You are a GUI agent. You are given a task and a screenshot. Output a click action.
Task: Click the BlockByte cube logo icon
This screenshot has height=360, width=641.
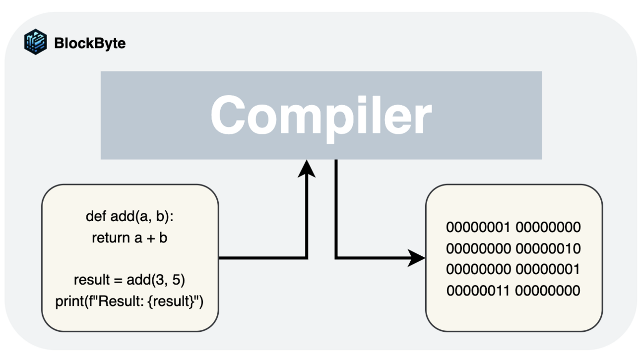pyautogui.click(x=35, y=42)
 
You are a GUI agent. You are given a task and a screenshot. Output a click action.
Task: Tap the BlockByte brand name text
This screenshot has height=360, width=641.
pyautogui.click(x=90, y=43)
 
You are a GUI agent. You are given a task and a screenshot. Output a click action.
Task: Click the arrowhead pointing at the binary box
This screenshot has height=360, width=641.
pyautogui.click(x=417, y=258)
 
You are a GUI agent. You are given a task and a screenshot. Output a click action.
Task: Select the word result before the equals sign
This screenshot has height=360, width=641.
pyautogui.click(x=90, y=280)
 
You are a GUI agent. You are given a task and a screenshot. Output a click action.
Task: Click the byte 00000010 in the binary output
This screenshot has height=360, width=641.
pyautogui.click(x=548, y=248)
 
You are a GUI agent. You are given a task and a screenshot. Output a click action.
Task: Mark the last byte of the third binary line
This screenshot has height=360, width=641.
pyautogui.click(x=548, y=269)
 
